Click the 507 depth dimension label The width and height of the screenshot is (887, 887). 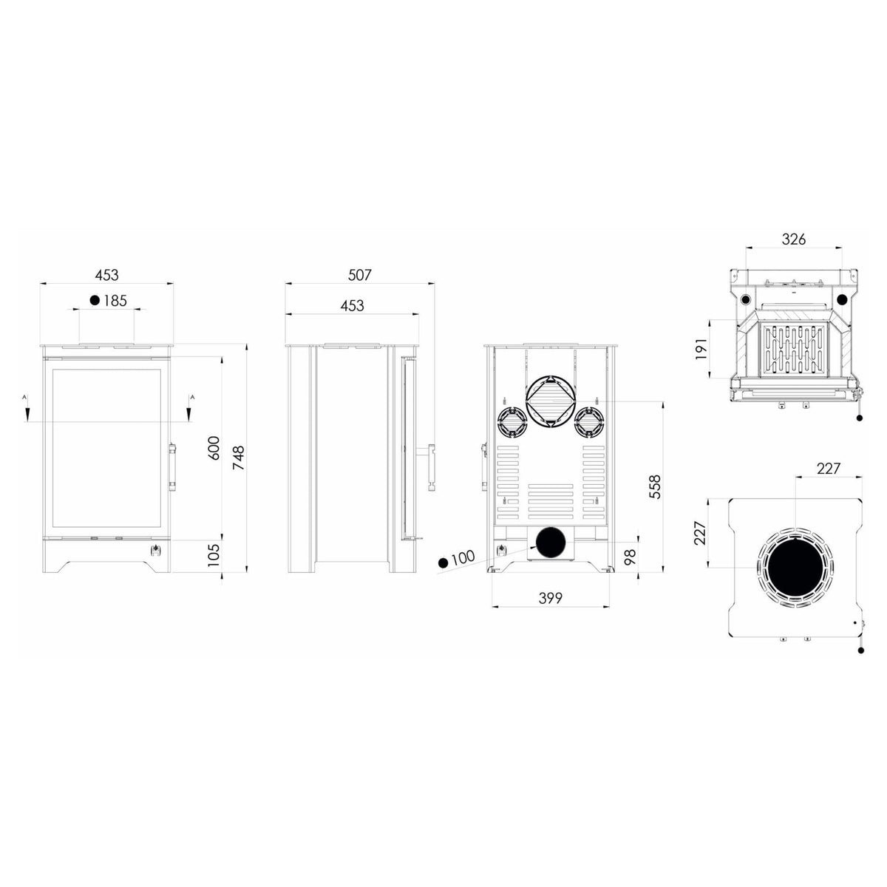(359, 275)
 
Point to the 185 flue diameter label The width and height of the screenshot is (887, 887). (115, 301)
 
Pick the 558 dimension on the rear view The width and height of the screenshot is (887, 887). (654, 486)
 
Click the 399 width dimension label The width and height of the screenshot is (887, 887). (551, 598)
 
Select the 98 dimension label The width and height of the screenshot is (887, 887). (631, 557)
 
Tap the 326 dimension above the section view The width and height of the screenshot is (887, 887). (794, 239)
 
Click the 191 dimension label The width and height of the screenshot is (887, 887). (701, 349)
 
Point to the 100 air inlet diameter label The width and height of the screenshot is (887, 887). (463, 557)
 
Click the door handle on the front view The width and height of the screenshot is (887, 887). (173, 467)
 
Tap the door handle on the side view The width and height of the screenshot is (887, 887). (432, 467)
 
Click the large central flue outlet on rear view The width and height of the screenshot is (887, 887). (551, 402)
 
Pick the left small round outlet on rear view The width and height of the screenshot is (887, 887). (512, 422)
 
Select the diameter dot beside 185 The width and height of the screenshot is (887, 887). (95, 301)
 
